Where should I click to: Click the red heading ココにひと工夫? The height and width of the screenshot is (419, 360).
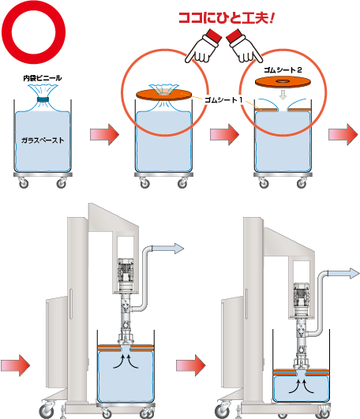tap(227, 19)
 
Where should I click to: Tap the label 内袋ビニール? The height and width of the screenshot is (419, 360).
tap(43, 78)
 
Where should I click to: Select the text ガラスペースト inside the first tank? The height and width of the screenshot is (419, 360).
tap(43, 140)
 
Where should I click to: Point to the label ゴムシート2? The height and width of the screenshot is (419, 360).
tap(283, 70)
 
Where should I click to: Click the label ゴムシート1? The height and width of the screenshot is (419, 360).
tap(223, 100)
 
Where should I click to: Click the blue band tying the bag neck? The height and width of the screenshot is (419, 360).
tap(43, 99)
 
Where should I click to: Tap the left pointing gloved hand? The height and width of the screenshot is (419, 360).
tap(203, 46)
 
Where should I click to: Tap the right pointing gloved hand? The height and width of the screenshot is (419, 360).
tap(244, 46)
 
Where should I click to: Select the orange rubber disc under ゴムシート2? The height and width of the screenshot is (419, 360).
tap(283, 82)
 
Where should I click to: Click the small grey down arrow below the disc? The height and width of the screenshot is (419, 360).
tap(283, 95)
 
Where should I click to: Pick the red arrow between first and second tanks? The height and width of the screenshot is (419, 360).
tap(104, 134)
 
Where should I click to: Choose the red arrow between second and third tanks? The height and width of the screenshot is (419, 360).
tap(224, 134)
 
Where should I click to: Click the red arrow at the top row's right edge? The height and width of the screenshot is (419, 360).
tap(343, 134)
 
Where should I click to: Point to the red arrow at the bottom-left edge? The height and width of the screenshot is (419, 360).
tap(15, 365)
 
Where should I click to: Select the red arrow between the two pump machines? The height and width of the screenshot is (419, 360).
tap(191, 365)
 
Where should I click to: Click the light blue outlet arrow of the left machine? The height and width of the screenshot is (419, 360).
tap(168, 249)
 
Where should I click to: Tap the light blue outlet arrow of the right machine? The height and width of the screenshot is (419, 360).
tap(343, 274)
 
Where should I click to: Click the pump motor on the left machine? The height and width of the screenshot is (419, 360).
tap(126, 275)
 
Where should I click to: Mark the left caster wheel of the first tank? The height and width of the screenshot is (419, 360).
tap(24, 183)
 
